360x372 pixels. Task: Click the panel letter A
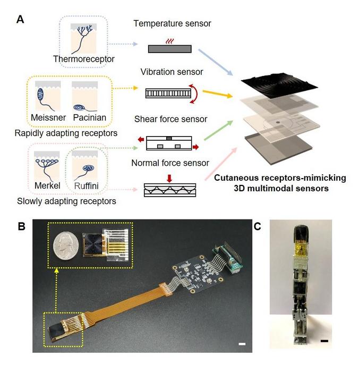[x=20, y=19]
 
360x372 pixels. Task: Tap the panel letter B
[x=20, y=225]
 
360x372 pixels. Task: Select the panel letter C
[x=259, y=225]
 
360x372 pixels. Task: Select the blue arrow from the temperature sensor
[x=216, y=61]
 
